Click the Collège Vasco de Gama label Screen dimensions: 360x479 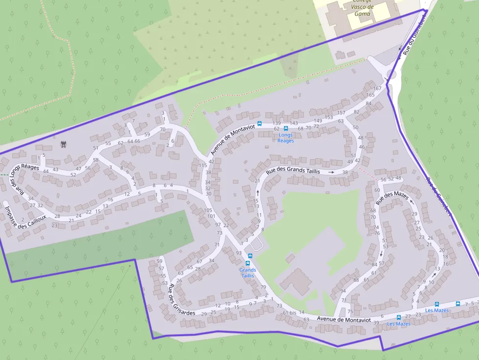362,7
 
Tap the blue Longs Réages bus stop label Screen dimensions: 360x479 285,138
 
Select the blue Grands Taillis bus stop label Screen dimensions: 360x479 248,273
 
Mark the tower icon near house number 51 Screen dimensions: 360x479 63,145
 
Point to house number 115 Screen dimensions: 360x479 203,165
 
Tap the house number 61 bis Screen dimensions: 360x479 289,313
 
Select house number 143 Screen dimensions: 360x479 294,123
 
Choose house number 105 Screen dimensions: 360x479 208,210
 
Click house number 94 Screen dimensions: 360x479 343,291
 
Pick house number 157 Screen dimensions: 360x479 341,113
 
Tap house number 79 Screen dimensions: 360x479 263,287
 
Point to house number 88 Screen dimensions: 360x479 356,280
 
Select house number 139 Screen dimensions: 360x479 277,123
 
